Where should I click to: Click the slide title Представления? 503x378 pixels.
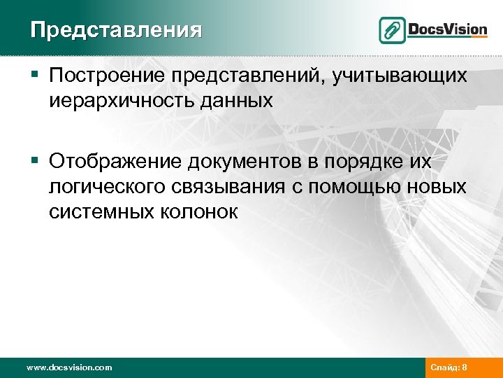click(x=116, y=30)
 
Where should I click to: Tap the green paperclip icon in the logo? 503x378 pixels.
click(x=392, y=30)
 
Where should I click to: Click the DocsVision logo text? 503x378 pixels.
click(x=446, y=29)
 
